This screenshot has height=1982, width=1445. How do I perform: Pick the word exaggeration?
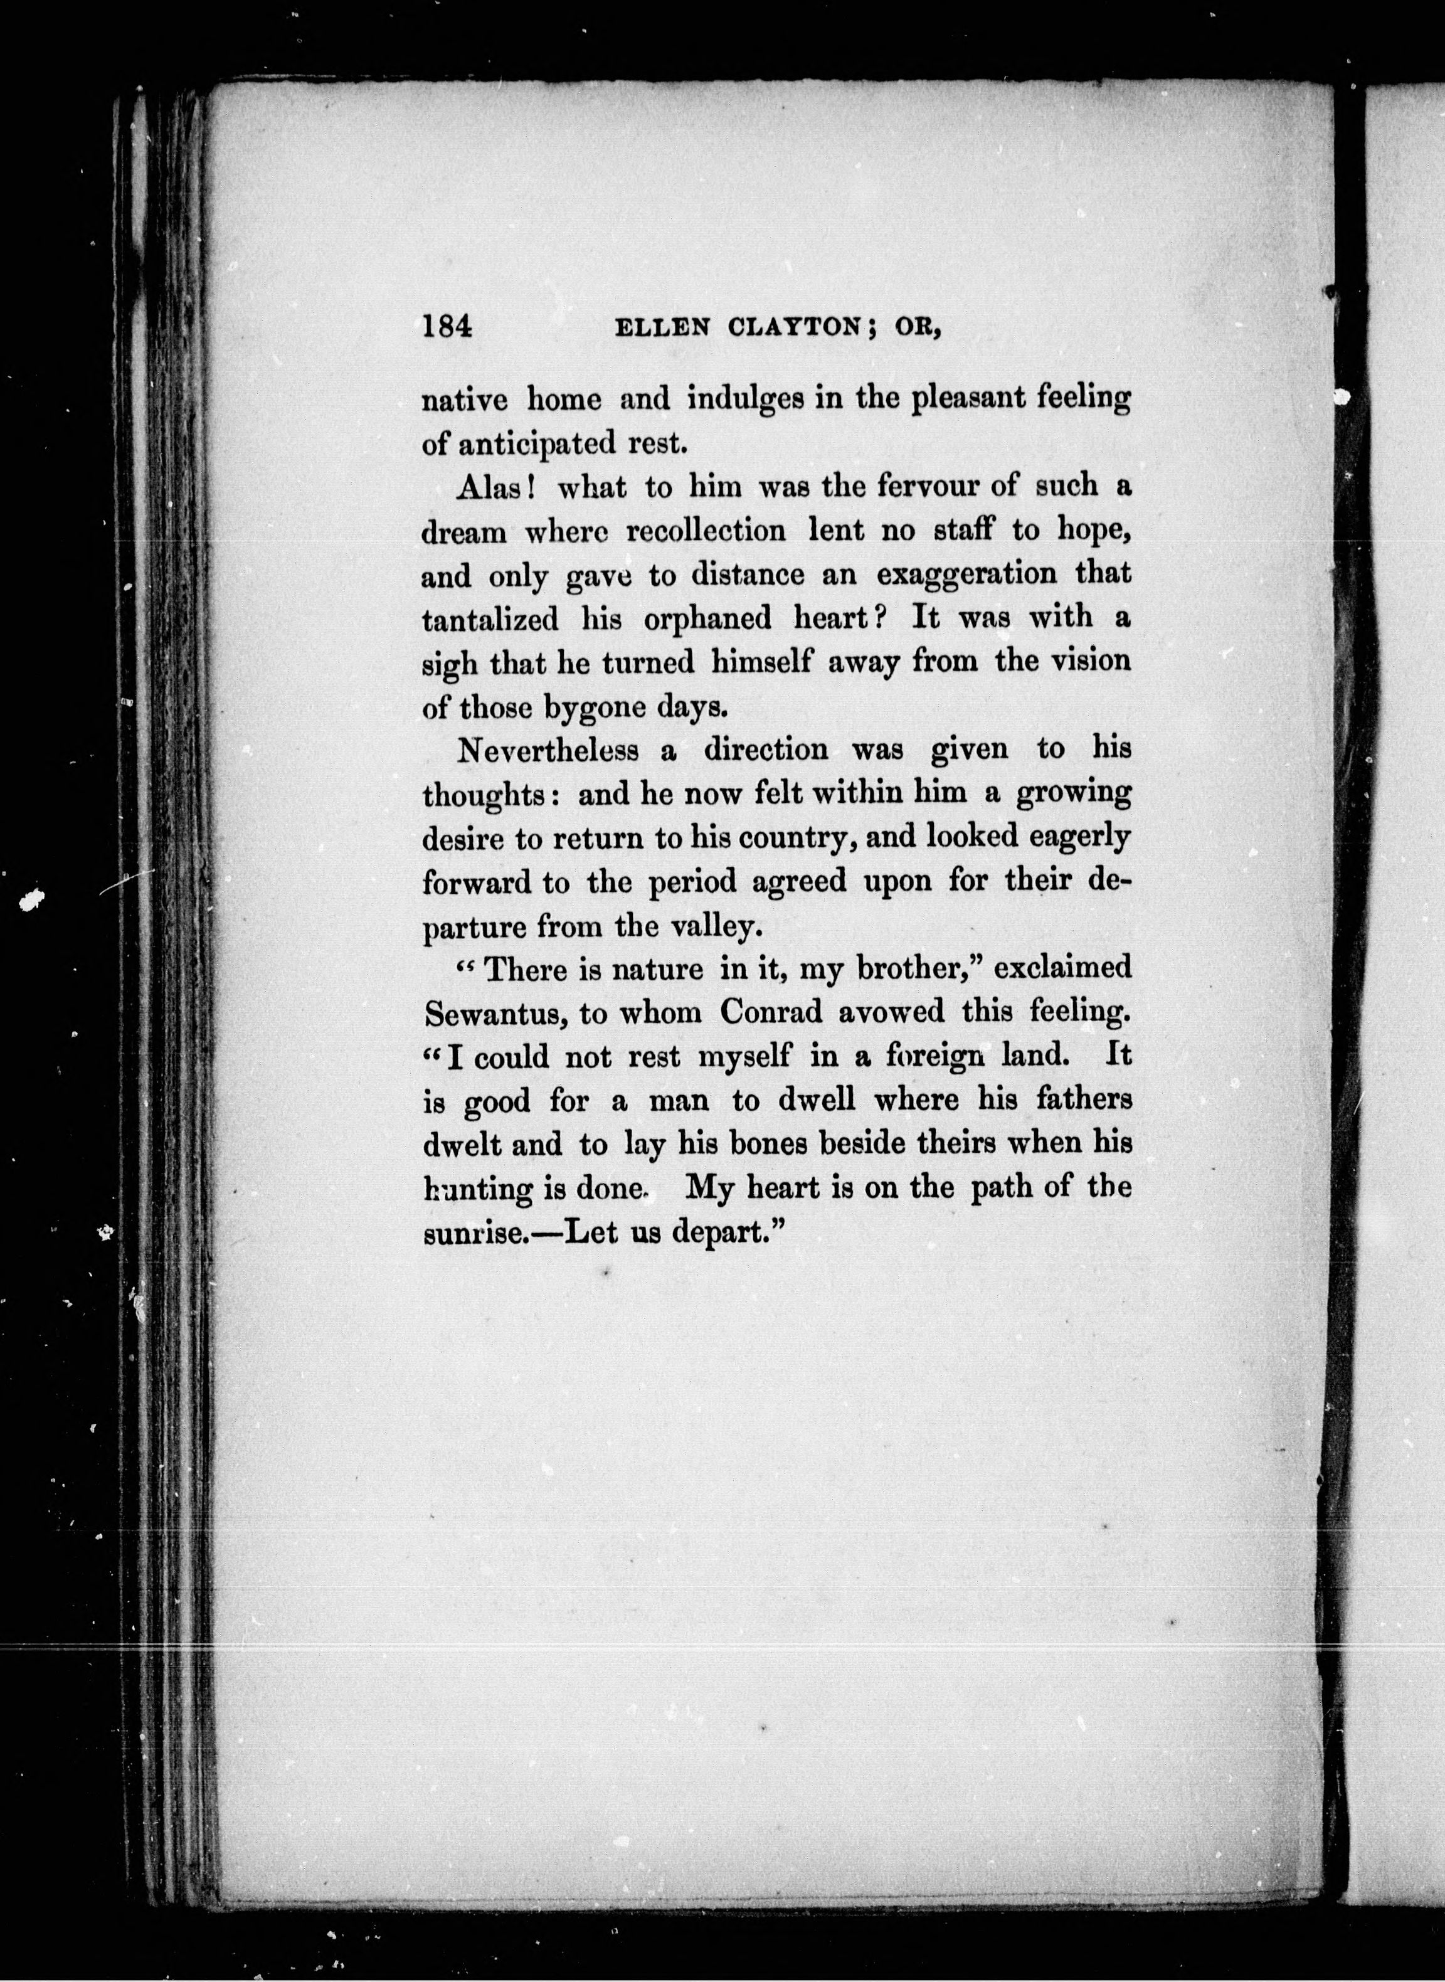(963, 575)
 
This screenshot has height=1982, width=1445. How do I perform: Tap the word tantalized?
(490, 619)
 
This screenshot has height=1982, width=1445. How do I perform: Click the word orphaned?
(707, 619)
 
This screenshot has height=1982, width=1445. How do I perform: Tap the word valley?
(705, 926)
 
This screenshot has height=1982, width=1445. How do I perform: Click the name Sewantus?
(496, 1014)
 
